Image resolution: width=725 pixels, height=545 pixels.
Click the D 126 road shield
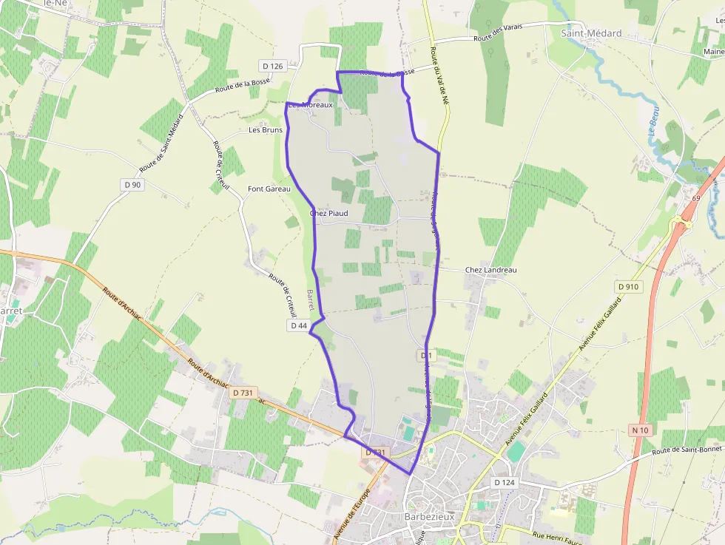point(272,67)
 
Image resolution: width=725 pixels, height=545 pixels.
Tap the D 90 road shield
point(132,184)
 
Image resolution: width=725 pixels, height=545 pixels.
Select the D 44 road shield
point(299,325)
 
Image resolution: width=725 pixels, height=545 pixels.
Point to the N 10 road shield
point(640,430)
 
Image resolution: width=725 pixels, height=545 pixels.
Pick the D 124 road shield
point(504,483)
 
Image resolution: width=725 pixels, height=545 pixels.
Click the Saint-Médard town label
point(591,33)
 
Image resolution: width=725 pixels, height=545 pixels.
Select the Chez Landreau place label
point(491,270)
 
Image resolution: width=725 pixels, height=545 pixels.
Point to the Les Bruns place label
point(266,130)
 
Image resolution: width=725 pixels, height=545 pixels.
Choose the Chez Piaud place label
point(328,214)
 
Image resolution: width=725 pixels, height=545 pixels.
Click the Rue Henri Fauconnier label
point(562,535)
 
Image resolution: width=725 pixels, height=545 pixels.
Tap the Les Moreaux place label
point(311,105)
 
